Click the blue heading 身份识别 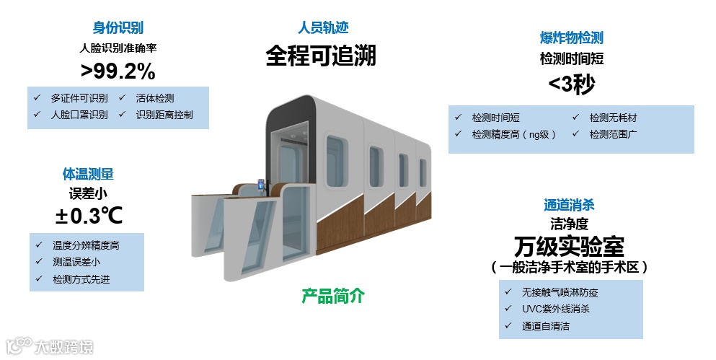click(x=118, y=28)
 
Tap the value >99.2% click(x=118, y=71)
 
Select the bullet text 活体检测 click(x=154, y=98)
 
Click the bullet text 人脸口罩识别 click(x=79, y=115)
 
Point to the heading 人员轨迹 click(x=323, y=28)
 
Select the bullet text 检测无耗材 click(x=613, y=118)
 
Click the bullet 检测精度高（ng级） click(x=514, y=134)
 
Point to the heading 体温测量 click(x=87, y=174)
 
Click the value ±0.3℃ click(x=89, y=215)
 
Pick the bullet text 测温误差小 click(x=76, y=262)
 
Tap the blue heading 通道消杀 click(x=569, y=206)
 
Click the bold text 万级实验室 click(x=569, y=246)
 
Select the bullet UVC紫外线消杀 click(x=556, y=309)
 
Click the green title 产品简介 click(x=333, y=296)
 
